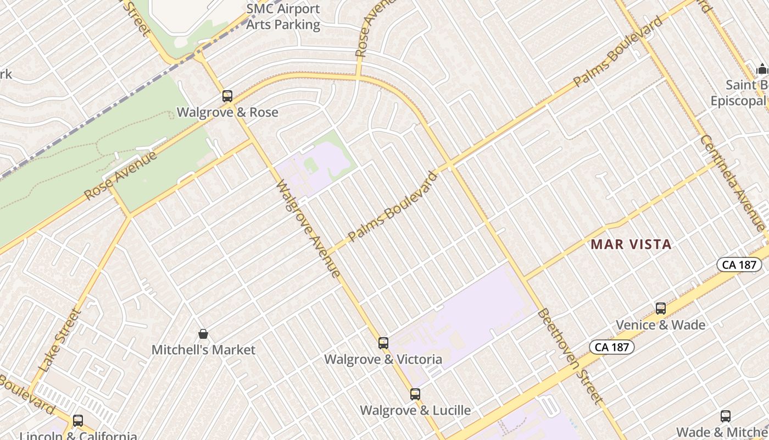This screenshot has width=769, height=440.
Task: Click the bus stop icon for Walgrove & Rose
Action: click(227, 96)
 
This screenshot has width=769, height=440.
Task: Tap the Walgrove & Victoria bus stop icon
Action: click(383, 343)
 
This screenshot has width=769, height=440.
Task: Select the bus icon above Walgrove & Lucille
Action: click(415, 394)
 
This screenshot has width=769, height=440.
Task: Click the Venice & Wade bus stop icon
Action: click(661, 309)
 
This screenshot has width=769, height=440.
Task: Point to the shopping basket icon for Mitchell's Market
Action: click(203, 334)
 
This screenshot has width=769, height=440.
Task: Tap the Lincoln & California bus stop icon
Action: click(78, 421)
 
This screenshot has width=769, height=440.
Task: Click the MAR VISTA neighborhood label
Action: click(631, 245)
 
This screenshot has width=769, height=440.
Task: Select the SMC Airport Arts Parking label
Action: click(283, 16)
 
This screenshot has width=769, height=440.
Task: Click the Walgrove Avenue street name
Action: click(308, 229)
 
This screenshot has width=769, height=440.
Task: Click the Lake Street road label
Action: click(60, 340)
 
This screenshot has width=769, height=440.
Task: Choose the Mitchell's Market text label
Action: click(203, 350)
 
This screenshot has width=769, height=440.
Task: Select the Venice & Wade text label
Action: click(660, 325)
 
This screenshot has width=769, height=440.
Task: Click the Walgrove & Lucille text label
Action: click(415, 410)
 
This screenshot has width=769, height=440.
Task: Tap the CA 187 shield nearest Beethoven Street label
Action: click(612, 347)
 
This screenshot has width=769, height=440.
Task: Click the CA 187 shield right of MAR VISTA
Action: click(739, 265)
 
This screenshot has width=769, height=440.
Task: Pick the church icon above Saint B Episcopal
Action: click(762, 69)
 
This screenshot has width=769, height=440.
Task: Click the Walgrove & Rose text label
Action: click(227, 112)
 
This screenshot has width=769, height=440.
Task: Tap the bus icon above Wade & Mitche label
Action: click(726, 416)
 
